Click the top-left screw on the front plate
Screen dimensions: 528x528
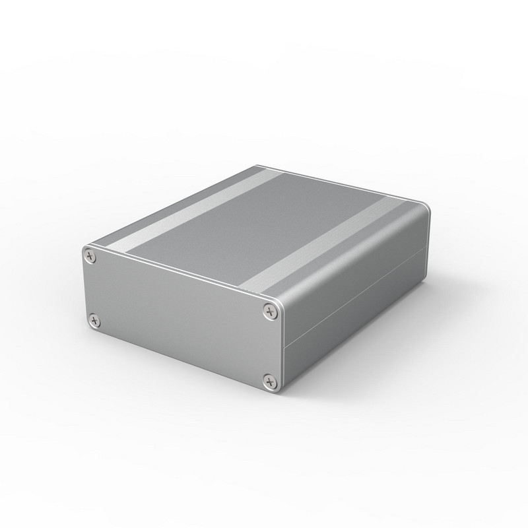(x=90, y=255)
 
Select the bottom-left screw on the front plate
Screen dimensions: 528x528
(x=94, y=321)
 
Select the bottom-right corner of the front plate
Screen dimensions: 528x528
(x=277, y=392)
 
